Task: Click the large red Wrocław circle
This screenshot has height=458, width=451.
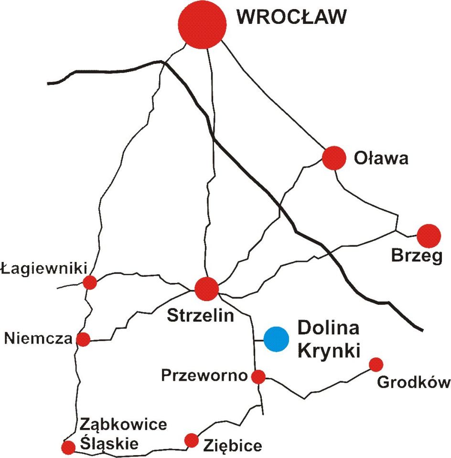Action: click(x=202, y=24)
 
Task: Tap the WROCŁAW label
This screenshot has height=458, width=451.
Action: click(x=291, y=17)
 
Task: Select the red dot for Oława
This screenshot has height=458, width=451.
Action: click(x=333, y=158)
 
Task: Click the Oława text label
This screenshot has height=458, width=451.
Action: click(x=381, y=158)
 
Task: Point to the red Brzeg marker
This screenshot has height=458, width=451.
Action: click(x=428, y=235)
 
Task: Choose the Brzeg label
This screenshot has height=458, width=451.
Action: click(x=417, y=256)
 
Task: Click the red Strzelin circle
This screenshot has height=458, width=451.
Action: click(x=207, y=289)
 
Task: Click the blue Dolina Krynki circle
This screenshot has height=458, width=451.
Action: click(x=277, y=339)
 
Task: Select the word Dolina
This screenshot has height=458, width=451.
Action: click(x=328, y=329)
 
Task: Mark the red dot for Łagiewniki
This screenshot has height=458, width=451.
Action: click(x=90, y=282)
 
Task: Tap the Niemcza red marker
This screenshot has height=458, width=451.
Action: click(x=84, y=339)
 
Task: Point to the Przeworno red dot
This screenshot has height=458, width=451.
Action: click(x=258, y=377)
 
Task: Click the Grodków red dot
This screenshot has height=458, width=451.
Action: click(x=376, y=364)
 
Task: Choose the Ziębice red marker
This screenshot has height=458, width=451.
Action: click(x=192, y=440)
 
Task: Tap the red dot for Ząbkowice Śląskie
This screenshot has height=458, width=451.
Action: click(x=68, y=447)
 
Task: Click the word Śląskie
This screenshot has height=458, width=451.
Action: click(x=109, y=444)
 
